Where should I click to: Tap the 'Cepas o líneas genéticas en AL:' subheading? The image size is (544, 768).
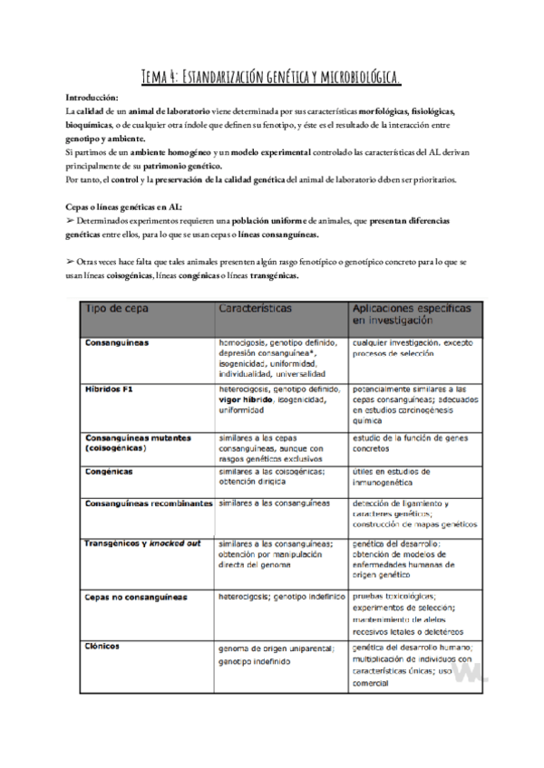[122, 207]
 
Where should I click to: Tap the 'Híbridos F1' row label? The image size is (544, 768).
[109, 388]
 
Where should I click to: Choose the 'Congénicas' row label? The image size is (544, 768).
[109, 472]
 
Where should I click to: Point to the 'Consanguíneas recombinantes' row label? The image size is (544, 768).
[149, 504]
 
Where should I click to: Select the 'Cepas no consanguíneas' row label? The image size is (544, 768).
[135, 598]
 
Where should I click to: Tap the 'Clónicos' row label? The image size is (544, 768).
[104, 647]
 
